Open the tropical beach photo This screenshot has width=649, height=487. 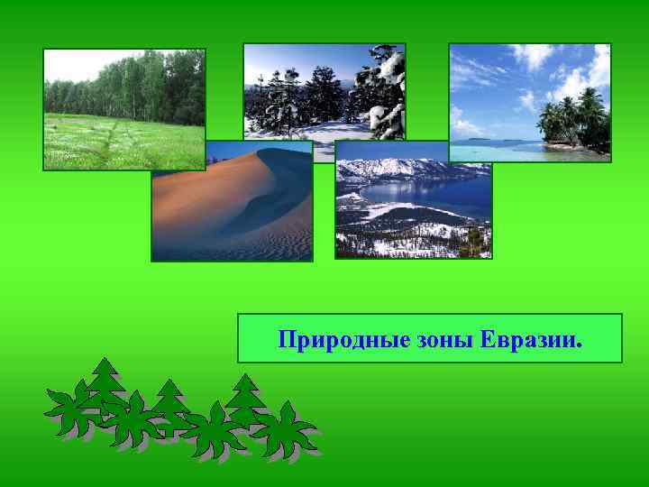[x=529, y=102]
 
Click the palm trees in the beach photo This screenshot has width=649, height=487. [x=573, y=116]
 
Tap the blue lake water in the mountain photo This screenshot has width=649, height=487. [x=424, y=193]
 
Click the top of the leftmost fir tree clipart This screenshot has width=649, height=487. [x=106, y=363]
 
